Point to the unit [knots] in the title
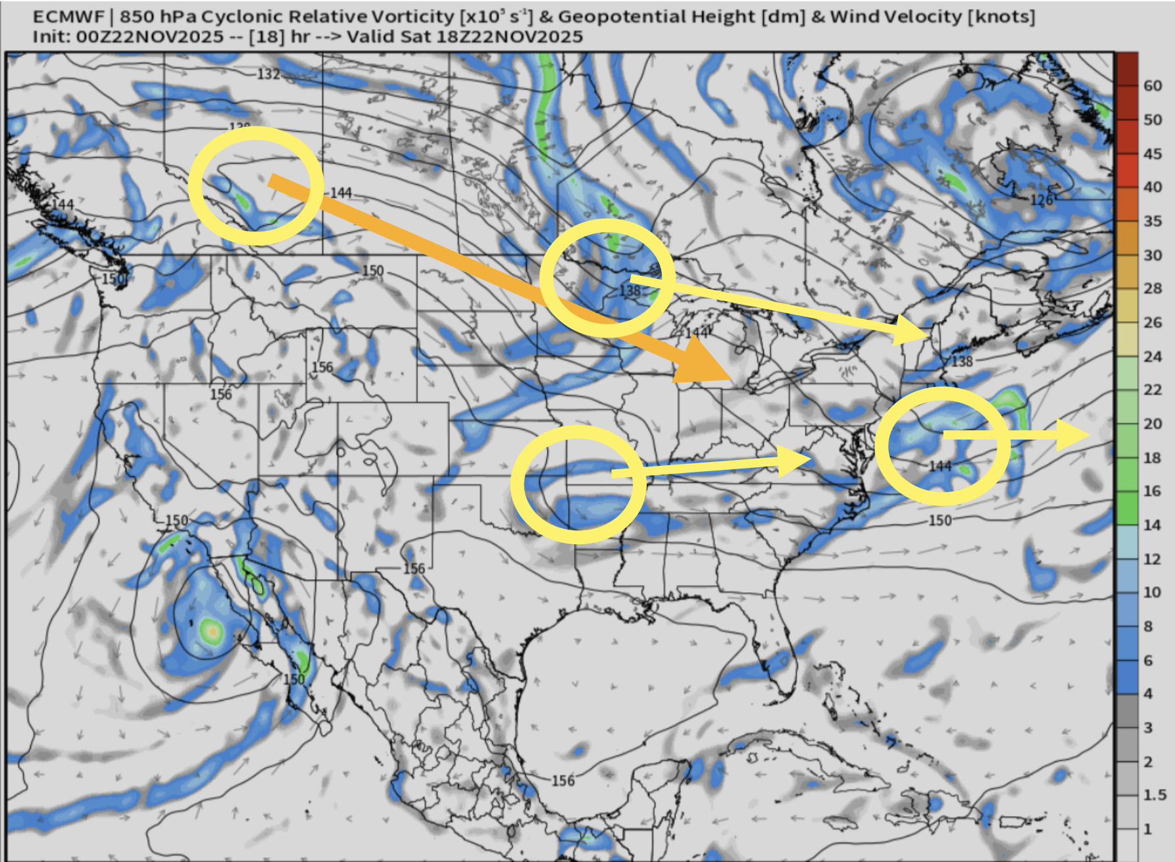point(1001,16)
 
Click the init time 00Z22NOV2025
point(150,37)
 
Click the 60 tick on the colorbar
point(1153,86)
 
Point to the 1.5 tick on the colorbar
point(1155,795)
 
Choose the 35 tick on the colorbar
point(1153,221)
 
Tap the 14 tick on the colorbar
point(1153,525)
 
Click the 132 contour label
point(268,74)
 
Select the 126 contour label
point(1041,200)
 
